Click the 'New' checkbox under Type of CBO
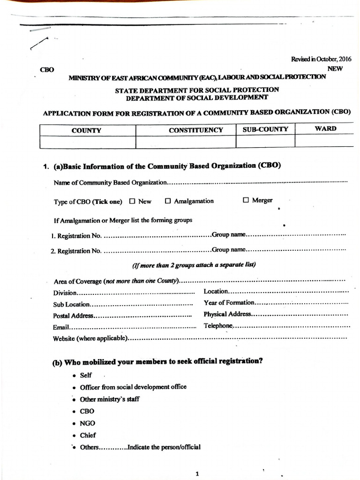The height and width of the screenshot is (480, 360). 132,202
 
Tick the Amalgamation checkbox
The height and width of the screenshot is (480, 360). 168,201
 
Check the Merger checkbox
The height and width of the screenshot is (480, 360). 246,200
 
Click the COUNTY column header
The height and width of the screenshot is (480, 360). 86,130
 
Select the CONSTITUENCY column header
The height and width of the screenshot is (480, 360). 196,130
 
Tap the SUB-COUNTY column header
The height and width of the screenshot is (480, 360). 265,129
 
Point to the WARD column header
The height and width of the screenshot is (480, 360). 325,128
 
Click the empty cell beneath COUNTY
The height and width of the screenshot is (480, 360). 88,142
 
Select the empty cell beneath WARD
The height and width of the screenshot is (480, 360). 324,140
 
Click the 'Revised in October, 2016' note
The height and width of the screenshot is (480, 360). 321,59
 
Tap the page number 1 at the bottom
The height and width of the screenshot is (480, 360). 197,473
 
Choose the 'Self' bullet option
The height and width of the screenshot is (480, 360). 86,375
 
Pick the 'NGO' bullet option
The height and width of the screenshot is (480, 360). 88,423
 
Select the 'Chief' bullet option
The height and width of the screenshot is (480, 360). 88,435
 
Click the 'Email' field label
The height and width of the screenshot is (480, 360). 61,327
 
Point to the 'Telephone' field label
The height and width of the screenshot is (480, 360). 218,326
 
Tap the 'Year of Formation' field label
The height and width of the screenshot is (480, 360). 229,303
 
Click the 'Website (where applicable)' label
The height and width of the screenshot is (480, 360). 90,338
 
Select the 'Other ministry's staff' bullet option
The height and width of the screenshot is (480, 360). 110,399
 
